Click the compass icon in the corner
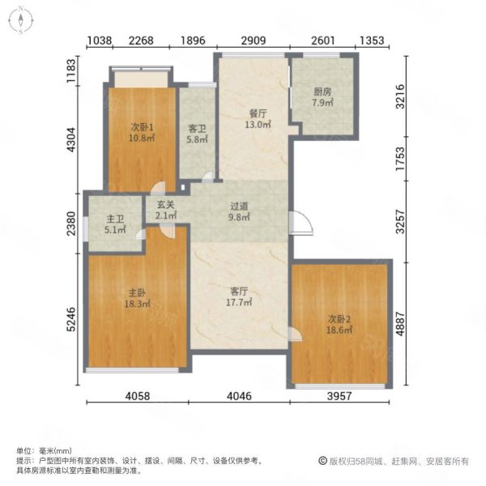20,20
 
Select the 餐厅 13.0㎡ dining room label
258,119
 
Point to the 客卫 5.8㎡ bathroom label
197,134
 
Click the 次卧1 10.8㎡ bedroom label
142,132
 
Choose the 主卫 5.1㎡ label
115,224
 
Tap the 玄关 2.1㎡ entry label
166,210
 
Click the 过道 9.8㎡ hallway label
239,211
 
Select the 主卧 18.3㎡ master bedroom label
138,298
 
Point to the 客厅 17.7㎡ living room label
239,296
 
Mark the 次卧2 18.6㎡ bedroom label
339,325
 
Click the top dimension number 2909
254,40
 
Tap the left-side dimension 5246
71,319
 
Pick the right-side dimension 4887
400,323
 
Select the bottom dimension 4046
239,396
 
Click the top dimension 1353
372,40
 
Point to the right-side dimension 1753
400,159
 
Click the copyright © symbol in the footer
323,461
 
